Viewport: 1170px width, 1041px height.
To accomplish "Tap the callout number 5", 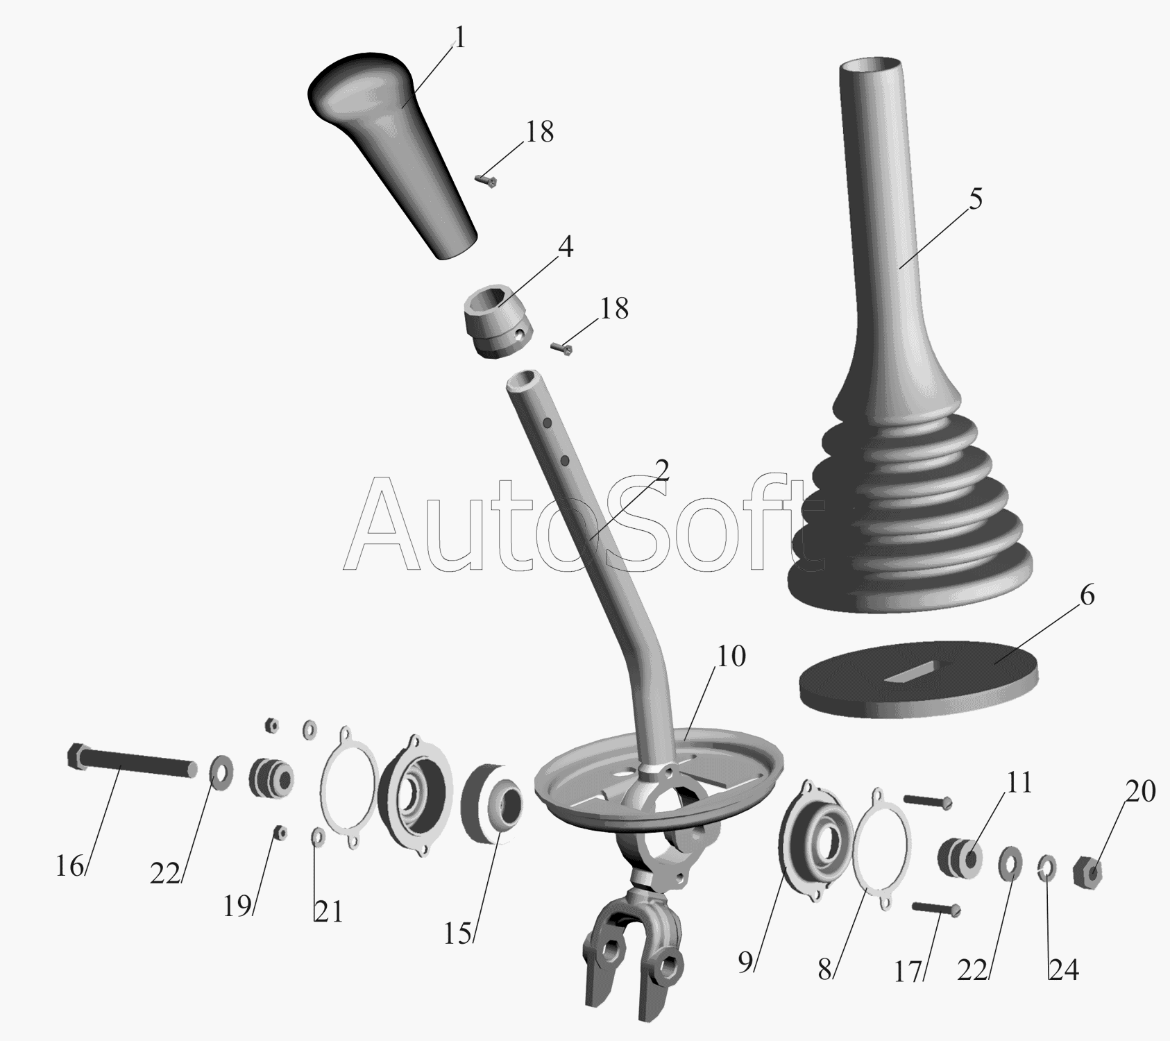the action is tap(976, 200).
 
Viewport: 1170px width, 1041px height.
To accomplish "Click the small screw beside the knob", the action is tap(487, 182).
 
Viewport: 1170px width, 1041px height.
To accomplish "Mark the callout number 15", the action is tap(458, 933).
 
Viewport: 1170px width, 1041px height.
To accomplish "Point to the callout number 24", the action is tap(1064, 970).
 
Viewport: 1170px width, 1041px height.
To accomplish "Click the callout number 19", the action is tap(237, 905).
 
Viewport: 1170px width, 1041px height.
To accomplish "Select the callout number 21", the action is tap(329, 912).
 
